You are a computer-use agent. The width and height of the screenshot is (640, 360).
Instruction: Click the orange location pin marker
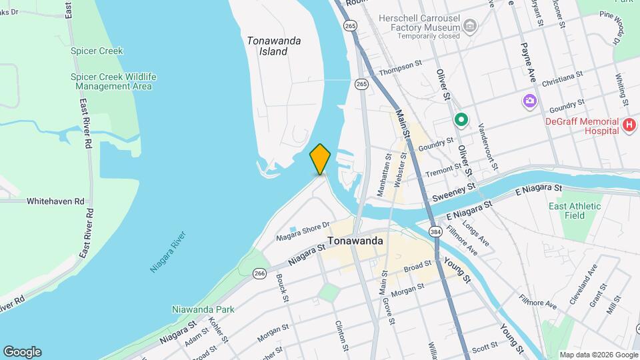coord(320,159)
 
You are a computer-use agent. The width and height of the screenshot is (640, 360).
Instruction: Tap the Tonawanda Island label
coord(273,45)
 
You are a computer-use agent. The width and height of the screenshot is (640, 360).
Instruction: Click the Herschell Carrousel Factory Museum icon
coord(471,27)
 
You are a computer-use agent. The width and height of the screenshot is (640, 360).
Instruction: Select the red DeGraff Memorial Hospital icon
coord(628,124)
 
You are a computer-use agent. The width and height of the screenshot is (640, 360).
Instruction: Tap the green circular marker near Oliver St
coord(460,120)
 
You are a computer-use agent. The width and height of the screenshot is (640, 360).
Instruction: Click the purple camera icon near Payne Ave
coord(529,101)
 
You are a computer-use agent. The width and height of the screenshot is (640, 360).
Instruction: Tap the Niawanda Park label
coord(203,309)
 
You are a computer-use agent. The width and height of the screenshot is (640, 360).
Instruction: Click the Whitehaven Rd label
coord(55,201)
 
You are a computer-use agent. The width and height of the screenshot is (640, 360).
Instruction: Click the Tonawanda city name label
coord(355,241)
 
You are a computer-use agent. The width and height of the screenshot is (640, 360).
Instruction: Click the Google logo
coord(22,352)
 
